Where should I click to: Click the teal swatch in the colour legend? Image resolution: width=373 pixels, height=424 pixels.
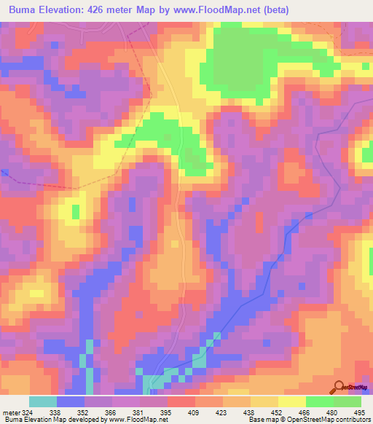(x=43, y=401)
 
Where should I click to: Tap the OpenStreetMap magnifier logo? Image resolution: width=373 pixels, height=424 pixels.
(x=339, y=387)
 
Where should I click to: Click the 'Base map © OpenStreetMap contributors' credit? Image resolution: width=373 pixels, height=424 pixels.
(x=309, y=420)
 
